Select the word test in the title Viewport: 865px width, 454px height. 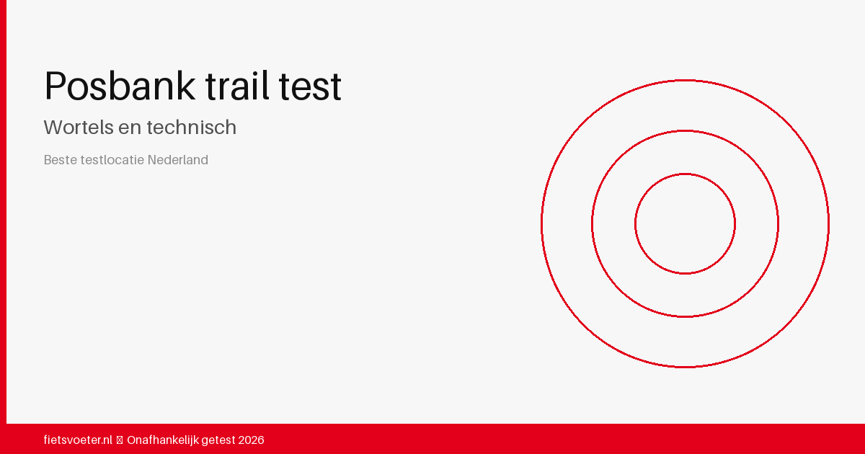coord(312,86)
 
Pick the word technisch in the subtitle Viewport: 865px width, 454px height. coord(191,128)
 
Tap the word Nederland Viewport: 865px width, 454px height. coord(178,160)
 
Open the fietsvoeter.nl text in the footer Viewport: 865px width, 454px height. coord(78,440)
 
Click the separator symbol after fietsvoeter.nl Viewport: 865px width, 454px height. coord(120,440)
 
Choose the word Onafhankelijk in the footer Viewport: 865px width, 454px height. coord(162,440)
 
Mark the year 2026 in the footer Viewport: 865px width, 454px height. coord(251,440)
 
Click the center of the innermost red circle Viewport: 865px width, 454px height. coord(685,223)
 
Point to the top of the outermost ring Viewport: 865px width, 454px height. coord(685,80)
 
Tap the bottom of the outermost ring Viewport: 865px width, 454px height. coord(685,367)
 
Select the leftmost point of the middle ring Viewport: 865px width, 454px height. coord(592,223)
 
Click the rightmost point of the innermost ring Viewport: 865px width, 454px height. coord(735,223)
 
